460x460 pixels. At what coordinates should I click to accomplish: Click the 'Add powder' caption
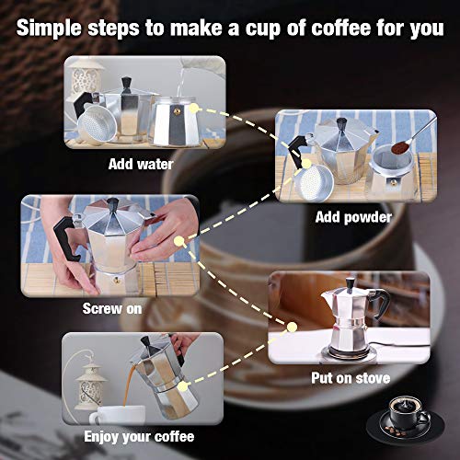(353, 217)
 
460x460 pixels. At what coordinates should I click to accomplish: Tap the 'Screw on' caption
(112, 308)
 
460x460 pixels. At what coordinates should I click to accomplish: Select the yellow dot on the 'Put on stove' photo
(292, 326)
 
